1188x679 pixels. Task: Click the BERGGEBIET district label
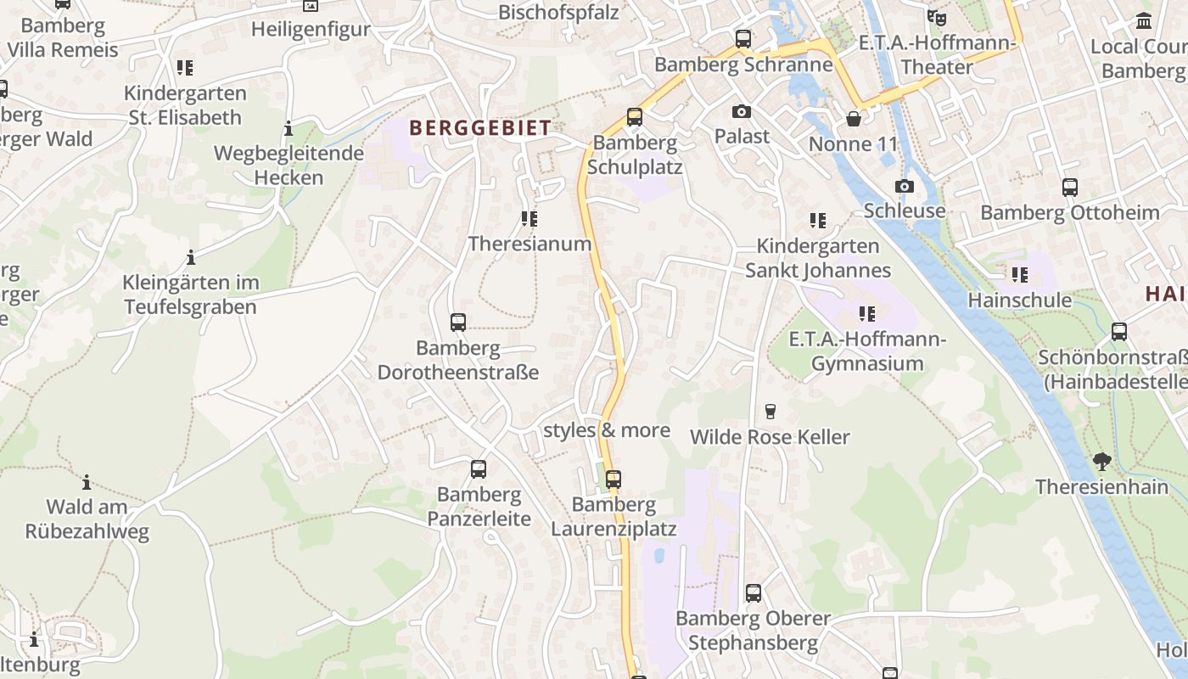click(480, 128)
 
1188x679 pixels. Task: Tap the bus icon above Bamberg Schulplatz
click(635, 117)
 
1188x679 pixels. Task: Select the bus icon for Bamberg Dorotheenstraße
click(458, 323)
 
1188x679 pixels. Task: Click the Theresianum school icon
click(530, 219)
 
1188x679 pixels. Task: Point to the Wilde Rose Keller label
click(770, 437)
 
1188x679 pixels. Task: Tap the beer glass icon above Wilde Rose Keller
click(771, 412)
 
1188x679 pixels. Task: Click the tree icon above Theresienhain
click(1102, 462)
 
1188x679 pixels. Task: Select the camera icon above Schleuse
click(905, 186)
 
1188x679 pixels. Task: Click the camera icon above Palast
click(742, 111)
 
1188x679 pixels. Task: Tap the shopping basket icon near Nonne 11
click(854, 119)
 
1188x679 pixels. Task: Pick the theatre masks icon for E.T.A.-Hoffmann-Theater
click(937, 17)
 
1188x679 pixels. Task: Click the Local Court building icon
click(1144, 20)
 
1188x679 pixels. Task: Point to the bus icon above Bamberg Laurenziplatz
click(614, 480)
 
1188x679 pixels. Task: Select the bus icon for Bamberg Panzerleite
click(479, 469)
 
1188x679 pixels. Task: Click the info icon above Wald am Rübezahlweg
click(87, 483)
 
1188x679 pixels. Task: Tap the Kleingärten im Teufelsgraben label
click(190, 295)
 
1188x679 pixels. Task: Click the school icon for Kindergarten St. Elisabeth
click(185, 68)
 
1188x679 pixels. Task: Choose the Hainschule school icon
click(1020, 275)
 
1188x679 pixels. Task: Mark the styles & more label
click(607, 430)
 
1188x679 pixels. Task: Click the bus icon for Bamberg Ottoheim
click(1070, 188)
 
